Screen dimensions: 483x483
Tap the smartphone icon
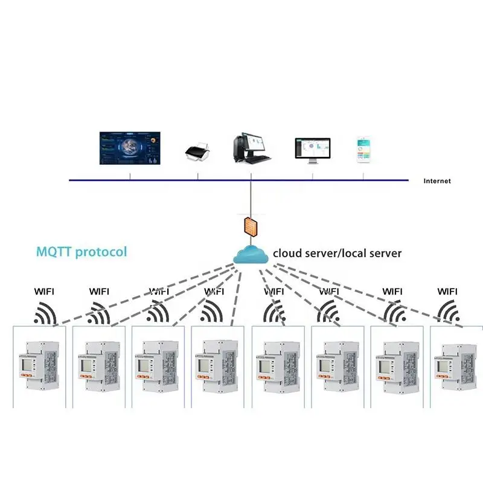click(363, 150)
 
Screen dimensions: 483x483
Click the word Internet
click(437, 181)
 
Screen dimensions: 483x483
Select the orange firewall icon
click(251, 226)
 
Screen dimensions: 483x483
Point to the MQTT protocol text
click(82, 251)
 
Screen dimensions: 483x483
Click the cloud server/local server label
click(337, 253)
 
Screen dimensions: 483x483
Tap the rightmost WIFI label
click(447, 291)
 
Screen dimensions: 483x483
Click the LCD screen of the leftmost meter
click(27, 363)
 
